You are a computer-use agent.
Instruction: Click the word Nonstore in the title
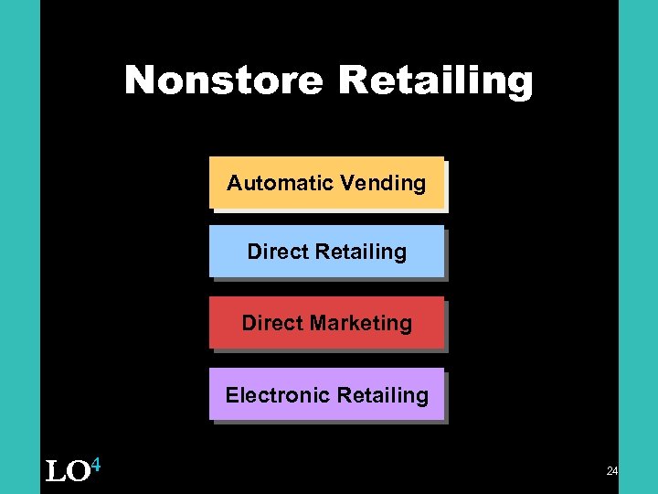(224, 81)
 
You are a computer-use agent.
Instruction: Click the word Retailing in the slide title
(435, 81)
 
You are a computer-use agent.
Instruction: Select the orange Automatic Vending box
(326, 183)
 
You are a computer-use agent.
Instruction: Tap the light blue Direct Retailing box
(326, 252)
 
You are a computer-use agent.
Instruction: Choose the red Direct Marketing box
(326, 323)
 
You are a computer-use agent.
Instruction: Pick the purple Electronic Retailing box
(326, 394)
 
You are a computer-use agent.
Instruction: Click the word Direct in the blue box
(272, 252)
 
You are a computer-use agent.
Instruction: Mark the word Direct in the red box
(267, 323)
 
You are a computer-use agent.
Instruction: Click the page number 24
(611, 471)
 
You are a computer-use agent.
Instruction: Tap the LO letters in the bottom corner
(67, 472)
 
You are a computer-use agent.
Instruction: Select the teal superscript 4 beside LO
(95, 466)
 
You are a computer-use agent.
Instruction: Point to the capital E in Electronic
(232, 395)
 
